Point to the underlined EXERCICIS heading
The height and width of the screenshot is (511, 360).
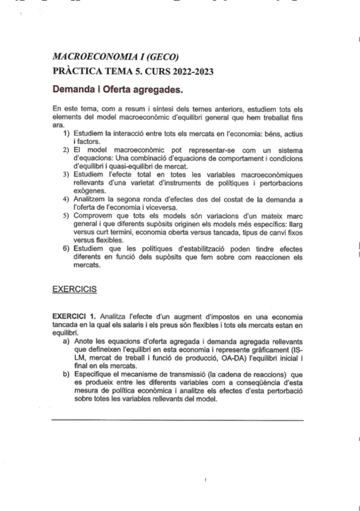click(75, 289)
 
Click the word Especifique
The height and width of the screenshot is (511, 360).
click(95, 375)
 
